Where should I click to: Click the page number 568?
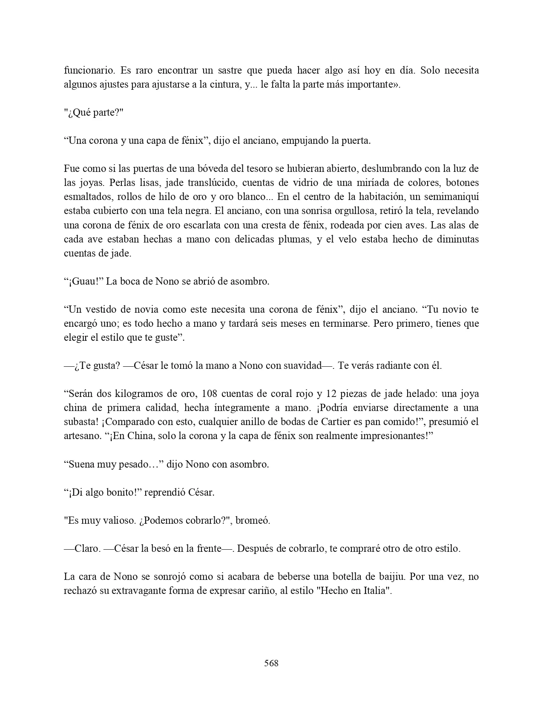(x=271, y=663)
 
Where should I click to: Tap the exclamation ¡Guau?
(x=84, y=281)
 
